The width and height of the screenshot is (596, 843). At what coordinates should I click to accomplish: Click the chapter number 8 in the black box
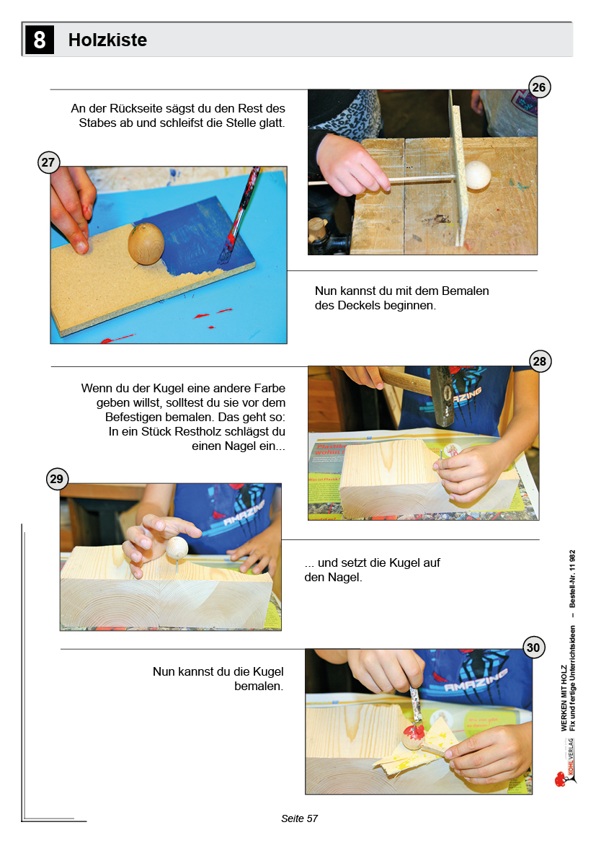[39, 40]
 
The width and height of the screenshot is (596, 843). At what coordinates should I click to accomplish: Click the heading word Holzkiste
[107, 40]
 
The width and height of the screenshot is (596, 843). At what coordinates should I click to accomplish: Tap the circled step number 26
[539, 87]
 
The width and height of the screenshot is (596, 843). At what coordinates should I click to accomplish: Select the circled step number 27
[48, 162]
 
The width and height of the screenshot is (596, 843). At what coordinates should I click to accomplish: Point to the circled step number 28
[540, 361]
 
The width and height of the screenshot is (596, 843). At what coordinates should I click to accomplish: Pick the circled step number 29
[56, 479]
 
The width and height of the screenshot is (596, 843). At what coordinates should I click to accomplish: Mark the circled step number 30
[533, 648]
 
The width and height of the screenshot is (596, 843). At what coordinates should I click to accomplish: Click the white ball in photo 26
[477, 175]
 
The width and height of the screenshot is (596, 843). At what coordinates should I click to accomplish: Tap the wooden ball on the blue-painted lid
[146, 244]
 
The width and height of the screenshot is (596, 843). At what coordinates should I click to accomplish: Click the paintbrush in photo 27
[240, 215]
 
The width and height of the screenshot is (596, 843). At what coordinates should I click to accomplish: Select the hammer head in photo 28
[442, 396]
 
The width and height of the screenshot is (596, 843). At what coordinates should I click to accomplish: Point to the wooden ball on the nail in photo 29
[177, 548]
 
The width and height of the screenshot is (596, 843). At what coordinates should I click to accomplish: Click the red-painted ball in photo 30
[412, 736]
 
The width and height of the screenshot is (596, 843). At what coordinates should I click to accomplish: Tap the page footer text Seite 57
[299, 818]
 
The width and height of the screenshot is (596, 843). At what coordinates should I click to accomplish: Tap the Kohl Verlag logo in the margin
[565, 764]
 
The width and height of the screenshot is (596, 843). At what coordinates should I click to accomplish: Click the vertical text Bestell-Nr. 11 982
[572, 578]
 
